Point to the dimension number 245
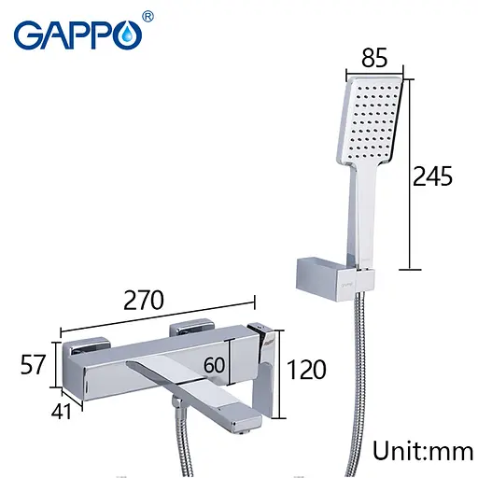pyautogui.click(x=434, y=176)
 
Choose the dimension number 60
pyautogui.click(x=215, y=365)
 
